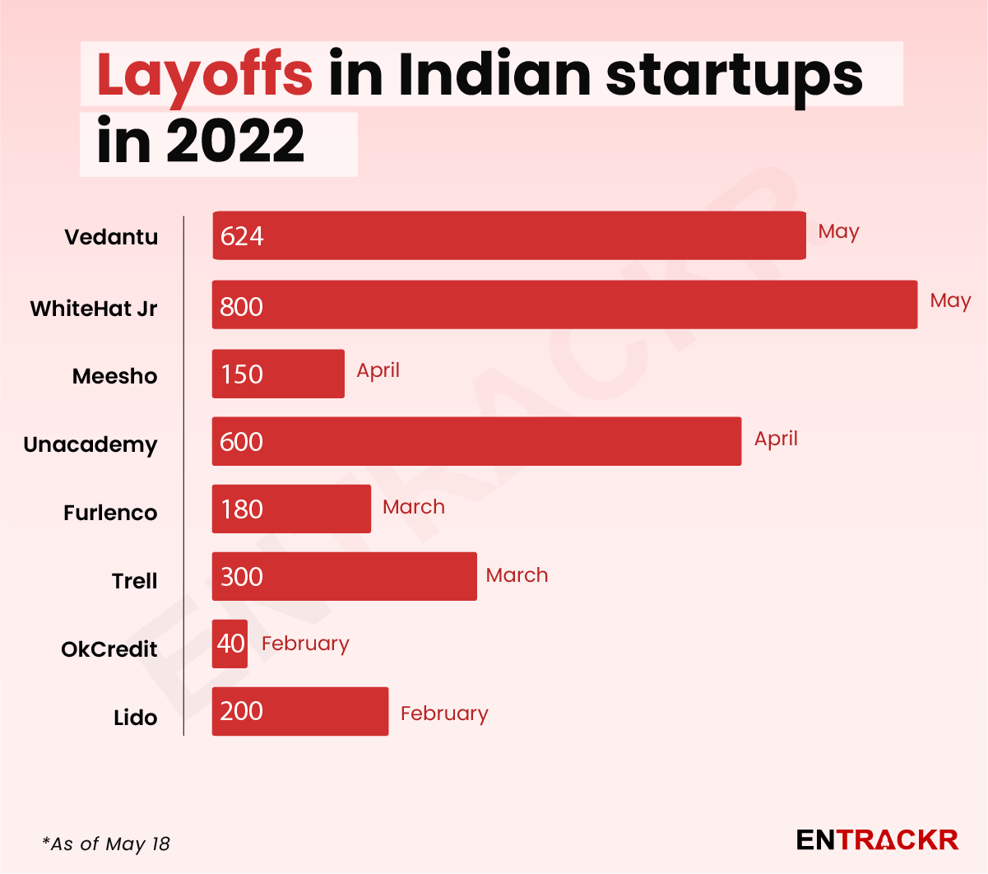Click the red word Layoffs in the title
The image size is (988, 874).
pos(204,74)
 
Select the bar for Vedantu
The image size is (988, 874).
pos(508,235)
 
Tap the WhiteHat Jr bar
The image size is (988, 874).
pos(564,305)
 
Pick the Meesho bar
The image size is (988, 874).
pos(278,374)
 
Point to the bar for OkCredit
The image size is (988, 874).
pos(230,644)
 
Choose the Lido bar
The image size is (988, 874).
pos(300,711)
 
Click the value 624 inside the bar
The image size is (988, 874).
pos(242,236)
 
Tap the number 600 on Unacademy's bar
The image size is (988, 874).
pos(241,442)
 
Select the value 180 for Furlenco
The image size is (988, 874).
pos(242,509)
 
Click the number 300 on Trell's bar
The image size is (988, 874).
pos(242,577)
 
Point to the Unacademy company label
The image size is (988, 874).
pos(90,444)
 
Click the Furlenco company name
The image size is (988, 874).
pos(110,513)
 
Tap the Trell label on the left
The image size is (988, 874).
pos(134,581)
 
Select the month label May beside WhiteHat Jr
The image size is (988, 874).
pos(950,301)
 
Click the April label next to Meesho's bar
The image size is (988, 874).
pos(378,370)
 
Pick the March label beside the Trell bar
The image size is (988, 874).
pos(517,575)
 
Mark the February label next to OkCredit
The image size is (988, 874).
pos(305,644)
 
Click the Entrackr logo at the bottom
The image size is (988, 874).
pos(877,839)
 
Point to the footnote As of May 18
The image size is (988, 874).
pos(106,844)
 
